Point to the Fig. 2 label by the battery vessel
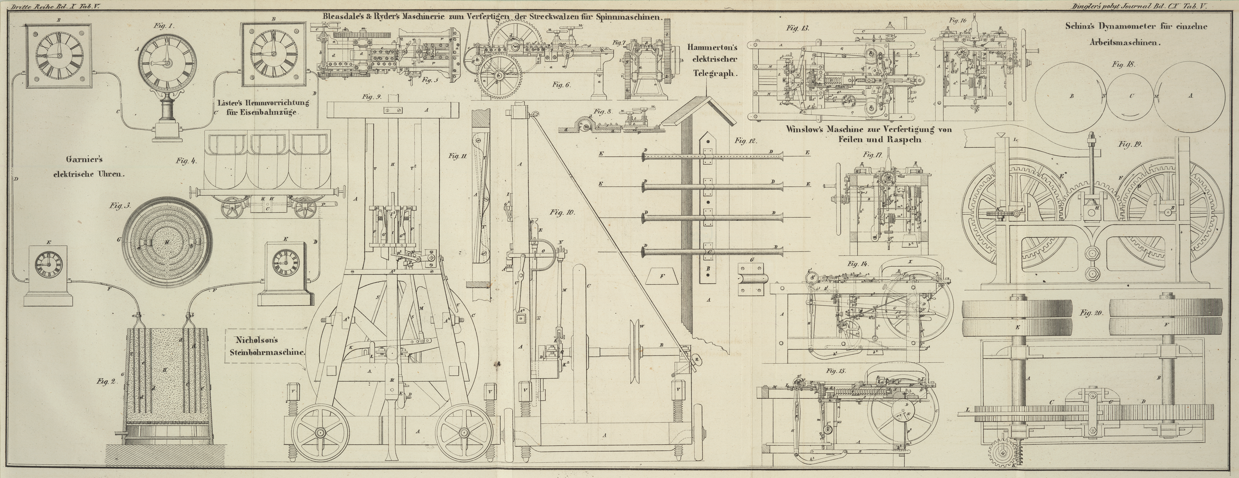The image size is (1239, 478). pyautogui.click(x=106, y=382)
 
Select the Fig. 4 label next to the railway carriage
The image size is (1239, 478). pyautogui.click(x=186, y=161)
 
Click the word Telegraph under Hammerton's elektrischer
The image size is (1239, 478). pyautogui.click(x=716, y=74)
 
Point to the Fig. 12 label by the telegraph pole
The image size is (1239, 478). pyautogui.click(x=746, y=141)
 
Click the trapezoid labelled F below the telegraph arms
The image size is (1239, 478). pyautogui.click(x=662, y=277)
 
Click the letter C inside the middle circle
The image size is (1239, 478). pyautogui.click(x=1131, y=96)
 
